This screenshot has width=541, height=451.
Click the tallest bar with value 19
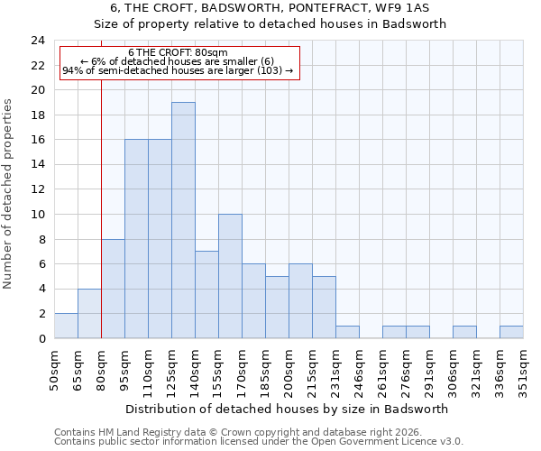[183, 220]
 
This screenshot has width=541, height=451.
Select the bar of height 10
[230, 276]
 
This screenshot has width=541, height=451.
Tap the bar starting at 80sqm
[113, 289]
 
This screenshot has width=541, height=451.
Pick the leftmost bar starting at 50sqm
[66, 326]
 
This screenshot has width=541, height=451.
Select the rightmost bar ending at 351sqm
[511, 332]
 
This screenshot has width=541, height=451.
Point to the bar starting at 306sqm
[464, 332]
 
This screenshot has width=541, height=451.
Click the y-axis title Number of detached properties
[8, 194]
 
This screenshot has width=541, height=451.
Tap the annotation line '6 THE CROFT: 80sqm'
[178, 52]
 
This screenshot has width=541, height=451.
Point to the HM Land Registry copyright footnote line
[237, 432]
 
